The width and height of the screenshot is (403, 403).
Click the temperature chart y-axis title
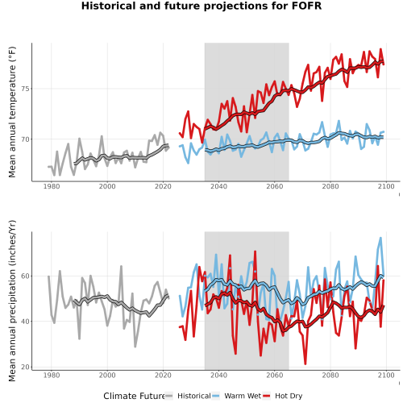tap(12, 112)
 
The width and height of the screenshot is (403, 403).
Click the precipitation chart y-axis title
tap(12, 301)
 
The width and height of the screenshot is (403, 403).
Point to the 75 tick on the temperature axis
tap(25, 89)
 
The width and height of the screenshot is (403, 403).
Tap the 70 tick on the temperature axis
tap(25, 139)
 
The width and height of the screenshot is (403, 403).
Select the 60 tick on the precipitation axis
tap(25, 276)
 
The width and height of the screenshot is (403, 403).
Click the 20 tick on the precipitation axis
tap(25, 367)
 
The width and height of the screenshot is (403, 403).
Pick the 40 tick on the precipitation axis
tap(25, 322)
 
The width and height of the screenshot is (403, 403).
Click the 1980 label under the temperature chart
tap(52, 186)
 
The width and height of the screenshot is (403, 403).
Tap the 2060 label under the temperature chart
tap(275, 186)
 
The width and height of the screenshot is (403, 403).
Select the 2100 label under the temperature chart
tap(386, 186)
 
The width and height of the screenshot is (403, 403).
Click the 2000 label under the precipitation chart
tap(107, 375)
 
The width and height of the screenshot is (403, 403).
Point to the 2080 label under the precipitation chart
tap(330, 375)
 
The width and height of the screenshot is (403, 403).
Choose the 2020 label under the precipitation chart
tap(163, 375)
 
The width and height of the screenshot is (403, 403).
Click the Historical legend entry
tap(188, 396)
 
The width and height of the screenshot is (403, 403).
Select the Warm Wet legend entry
tap(237, 396)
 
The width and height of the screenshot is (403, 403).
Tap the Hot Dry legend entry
tap(283, 396)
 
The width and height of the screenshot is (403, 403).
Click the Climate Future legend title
tap(134, 396)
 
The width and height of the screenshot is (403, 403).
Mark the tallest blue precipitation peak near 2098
tap(380, 238)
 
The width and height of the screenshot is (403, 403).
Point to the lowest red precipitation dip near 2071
tap(305, 364)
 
